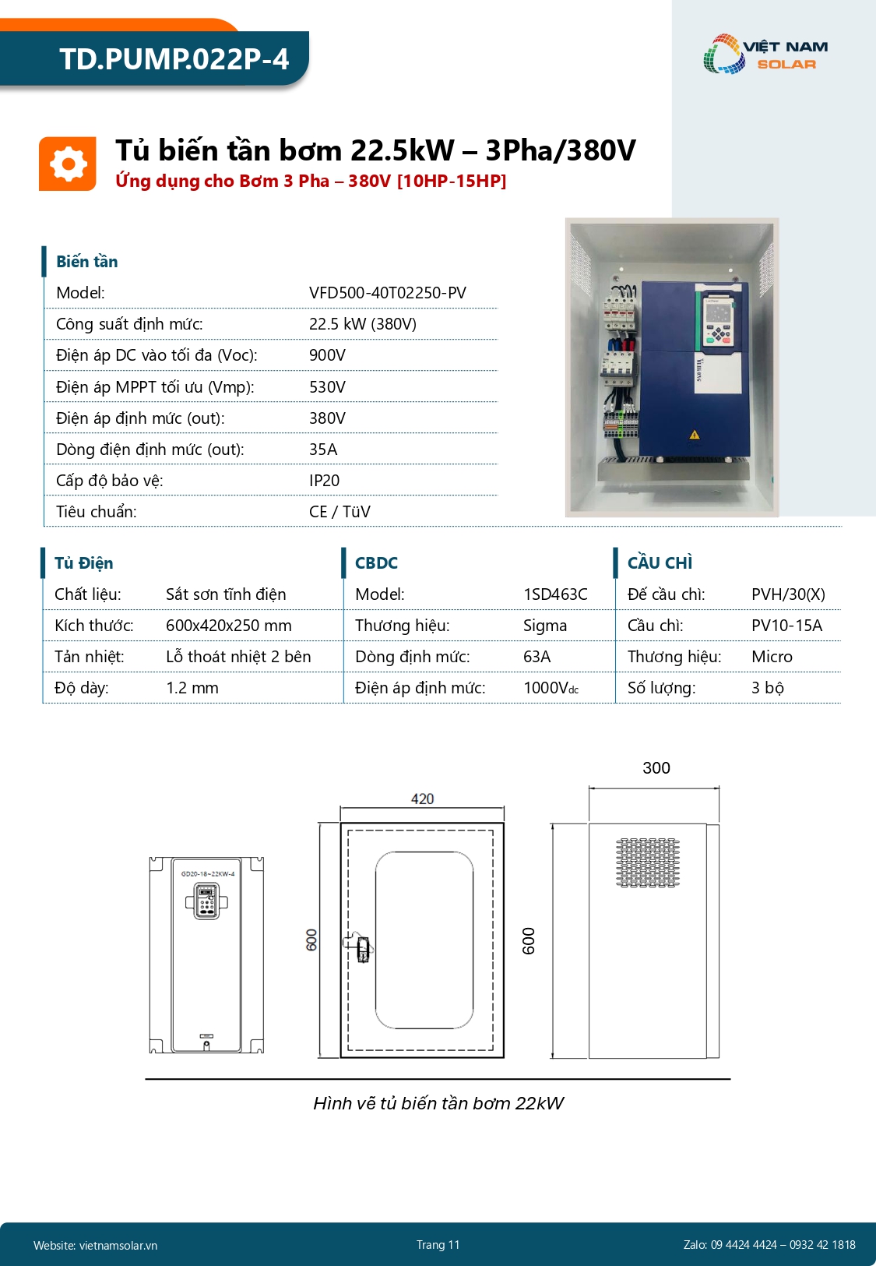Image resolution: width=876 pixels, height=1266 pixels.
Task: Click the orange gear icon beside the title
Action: [68, 164]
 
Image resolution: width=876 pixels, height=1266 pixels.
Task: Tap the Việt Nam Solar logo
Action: [765, 55]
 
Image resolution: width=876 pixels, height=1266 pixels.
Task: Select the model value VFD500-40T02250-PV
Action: [387, 293]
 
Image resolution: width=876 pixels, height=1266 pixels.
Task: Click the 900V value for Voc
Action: [327, 355]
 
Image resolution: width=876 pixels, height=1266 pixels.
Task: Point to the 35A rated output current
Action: [323, 450]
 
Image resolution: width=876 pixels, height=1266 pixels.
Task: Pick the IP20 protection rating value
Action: [324, 481]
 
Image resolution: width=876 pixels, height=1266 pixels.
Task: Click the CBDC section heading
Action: [376, 563]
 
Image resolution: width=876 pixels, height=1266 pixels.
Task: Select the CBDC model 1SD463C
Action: [555, 594]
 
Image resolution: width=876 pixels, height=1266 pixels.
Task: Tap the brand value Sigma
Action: [545, 626]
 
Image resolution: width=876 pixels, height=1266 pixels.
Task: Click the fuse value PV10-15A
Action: [786, 626]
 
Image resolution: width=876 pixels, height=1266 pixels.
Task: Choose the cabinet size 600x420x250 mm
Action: [228, 626]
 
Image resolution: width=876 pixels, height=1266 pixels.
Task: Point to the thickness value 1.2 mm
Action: [192, 688]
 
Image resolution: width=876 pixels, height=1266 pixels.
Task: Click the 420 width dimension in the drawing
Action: [422, 799]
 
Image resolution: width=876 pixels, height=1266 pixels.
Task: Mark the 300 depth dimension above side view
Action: [656, 768]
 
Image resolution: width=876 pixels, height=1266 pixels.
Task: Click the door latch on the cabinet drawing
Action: [361, 947]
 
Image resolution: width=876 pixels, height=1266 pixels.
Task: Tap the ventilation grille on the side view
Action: [647, 862]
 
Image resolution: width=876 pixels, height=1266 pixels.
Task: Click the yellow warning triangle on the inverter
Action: [695, 435]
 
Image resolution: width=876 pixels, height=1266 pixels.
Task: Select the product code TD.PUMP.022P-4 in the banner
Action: [174, 59]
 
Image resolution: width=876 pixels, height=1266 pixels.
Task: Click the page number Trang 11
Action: [438, 1245]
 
